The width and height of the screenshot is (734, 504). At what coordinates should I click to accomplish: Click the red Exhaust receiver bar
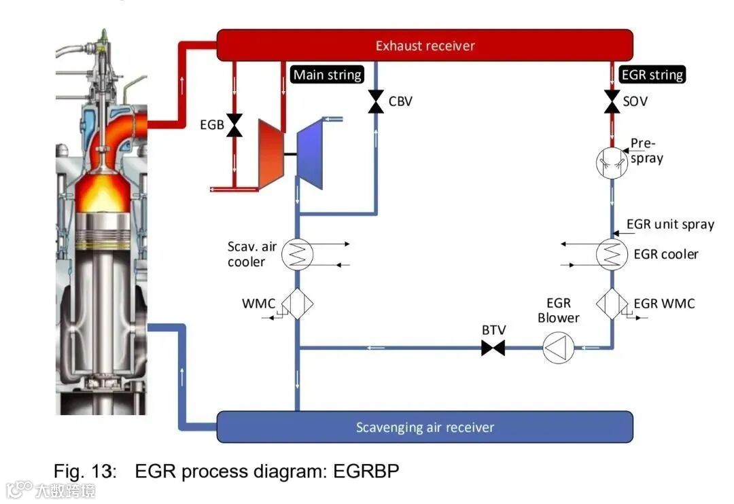(425, 46)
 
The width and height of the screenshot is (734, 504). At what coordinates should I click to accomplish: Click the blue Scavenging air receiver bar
(425, 427)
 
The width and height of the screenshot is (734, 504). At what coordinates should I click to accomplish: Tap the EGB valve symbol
(235, 125)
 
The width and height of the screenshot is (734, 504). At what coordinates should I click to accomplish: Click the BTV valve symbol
(493, 348)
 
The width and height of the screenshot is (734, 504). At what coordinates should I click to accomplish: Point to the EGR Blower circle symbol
(559, 348)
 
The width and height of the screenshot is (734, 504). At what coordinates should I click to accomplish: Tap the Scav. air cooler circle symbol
(297, 255)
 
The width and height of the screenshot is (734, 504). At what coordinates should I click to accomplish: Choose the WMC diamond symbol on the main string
(297, 303)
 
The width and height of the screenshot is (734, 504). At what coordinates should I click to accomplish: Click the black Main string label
(328, 75)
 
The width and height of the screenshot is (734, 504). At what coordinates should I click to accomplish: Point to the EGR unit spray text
(670, 225)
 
